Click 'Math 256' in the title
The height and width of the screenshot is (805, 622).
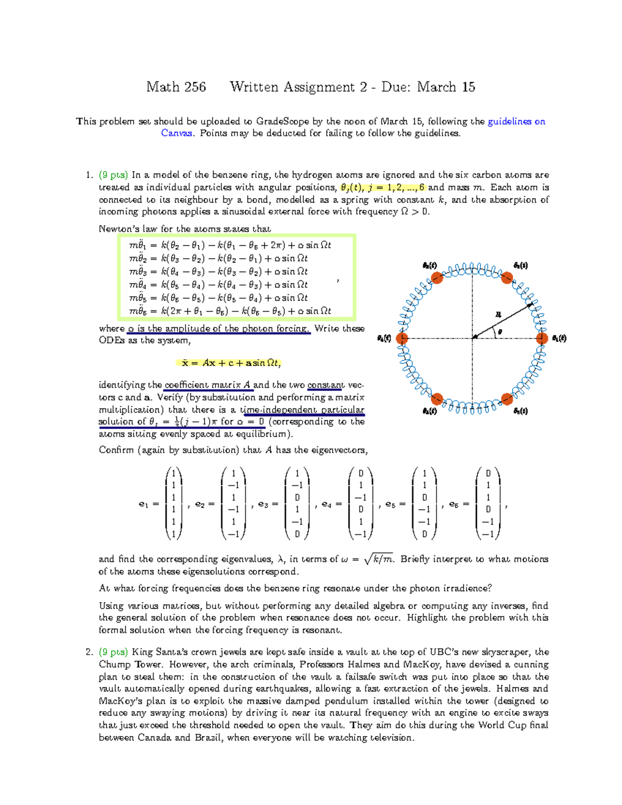coord(176,87)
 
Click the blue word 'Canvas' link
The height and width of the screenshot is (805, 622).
coord(177,133)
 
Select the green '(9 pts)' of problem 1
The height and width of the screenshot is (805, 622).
coord(114,175)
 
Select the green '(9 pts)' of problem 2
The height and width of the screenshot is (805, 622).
coord(114,652)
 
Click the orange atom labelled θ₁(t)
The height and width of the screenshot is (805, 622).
coord(542,338)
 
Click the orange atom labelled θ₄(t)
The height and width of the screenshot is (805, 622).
coord(402,338)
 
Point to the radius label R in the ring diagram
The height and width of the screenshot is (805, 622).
coord(498,314)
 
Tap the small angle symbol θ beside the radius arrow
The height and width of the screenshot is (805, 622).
coord(500,332)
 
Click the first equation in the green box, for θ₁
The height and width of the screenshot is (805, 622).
coord(230,245)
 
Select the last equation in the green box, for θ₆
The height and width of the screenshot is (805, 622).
coord(230,311)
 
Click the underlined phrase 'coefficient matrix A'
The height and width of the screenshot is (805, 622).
coord(208,385)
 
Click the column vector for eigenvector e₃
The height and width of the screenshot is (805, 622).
coord(297,504)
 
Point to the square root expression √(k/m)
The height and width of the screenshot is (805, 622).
coord(379,559)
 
